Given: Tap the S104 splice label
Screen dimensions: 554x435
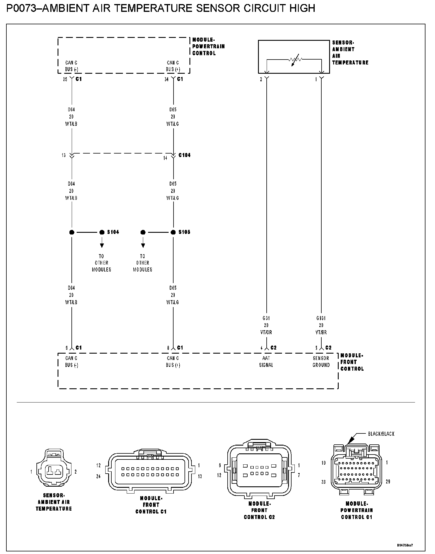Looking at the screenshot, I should (113, 232).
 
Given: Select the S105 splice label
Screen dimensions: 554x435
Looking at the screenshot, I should (184, 232).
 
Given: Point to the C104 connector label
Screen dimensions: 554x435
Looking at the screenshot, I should (184, 155).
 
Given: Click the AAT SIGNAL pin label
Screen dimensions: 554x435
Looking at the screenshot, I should (266, 361).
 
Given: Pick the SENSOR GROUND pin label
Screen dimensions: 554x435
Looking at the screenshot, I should (321, 361).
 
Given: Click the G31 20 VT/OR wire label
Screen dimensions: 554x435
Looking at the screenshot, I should (266, 325).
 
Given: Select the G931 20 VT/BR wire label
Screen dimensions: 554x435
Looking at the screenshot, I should (321, 325).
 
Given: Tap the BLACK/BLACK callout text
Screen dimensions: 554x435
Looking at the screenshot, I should (381, 434).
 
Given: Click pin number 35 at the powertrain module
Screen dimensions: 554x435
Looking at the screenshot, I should (65, 79).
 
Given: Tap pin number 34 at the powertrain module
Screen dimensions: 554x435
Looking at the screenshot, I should (166, 79).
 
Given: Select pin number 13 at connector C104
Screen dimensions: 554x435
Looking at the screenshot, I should (64, 155).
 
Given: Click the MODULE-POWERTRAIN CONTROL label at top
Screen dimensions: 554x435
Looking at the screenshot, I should (208, 46).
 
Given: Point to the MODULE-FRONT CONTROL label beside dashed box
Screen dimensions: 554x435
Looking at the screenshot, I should (352, 362).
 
